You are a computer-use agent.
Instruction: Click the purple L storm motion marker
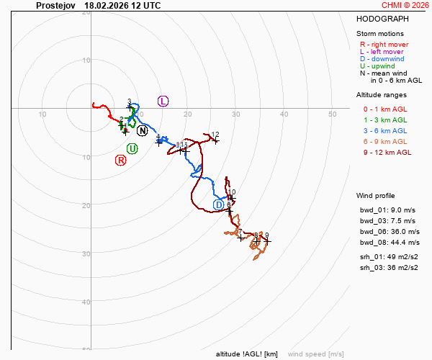pyautogui.click(x=163, y=101)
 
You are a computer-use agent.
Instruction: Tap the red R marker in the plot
pyautogui.click(x=121, y=160)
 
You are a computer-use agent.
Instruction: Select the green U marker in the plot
pyautogui.click(x=132, y=148)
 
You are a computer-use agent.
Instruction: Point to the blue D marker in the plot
pyautogui.click(x=219, y=205)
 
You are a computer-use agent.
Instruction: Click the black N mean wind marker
pyautogui.click(x=142, y=131)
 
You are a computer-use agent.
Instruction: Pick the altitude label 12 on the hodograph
pyautogui.click(x=215, y=135)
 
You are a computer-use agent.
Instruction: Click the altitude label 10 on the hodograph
pyautogui.click(x=232, y=192)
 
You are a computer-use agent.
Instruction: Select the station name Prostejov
pyautogui.click(x=55, y=5)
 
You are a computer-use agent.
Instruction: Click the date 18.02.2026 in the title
pyautogui.click(x=107, y=5)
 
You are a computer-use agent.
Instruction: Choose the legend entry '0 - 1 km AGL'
pyautogui.click(x=387, y=109)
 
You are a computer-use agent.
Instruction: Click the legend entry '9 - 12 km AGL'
pyautogui.click(x=387, y=152)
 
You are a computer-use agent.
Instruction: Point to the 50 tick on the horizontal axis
pyautogui.click(x=333, y=114)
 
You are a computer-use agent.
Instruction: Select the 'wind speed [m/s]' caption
pyautogui.click(x=315, y=354)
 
